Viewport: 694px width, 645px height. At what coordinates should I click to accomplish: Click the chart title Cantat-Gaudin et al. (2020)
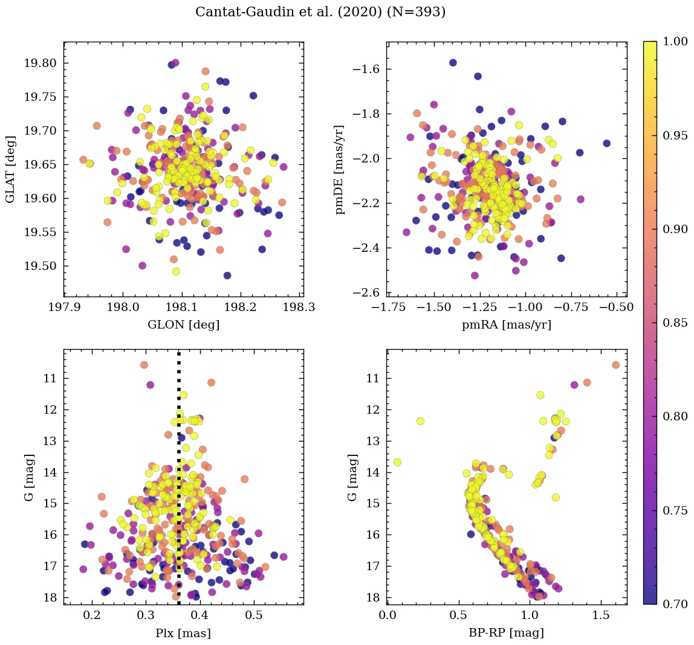pos(320,12)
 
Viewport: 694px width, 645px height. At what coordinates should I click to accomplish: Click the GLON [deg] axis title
pos(183,324)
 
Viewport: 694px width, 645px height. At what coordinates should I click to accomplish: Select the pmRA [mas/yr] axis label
pos(507,324)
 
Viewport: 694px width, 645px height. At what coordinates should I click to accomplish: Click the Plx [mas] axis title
pos(183,633)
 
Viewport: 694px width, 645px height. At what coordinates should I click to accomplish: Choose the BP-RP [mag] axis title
pos(507,633)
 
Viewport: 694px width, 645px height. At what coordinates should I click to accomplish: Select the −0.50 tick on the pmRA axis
pos(617,307)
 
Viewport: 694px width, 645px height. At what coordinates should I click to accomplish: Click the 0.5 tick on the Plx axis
pos(254,616)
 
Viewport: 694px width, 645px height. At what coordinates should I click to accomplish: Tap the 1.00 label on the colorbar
pos(676,41)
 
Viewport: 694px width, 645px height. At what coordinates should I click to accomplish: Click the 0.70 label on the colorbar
pos(676,604)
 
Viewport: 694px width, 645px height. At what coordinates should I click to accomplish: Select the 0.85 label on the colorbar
pos(676,322)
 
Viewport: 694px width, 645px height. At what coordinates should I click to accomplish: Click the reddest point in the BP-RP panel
pos(615,365)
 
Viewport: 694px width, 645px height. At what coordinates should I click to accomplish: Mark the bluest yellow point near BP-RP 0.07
pos(397,462)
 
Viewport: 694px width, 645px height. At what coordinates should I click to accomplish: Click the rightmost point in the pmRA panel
pos(606,144)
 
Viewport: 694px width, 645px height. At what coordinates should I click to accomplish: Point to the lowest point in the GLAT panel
pos(227,275)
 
